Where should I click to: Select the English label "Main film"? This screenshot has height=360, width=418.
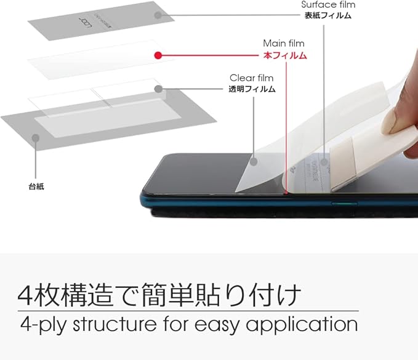coord(284,43)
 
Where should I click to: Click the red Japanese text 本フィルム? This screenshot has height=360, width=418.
coord(284,55)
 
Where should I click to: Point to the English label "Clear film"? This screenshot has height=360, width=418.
coord(251,78)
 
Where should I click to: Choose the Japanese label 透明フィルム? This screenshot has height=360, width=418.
coord(252,89)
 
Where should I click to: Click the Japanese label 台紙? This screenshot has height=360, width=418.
coord(36,185)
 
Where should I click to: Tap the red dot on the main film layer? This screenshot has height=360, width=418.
coord(158,55)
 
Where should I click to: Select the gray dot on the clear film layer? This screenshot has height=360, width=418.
coord(158,89)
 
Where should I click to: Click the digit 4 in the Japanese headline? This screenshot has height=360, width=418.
coord(28,295)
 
